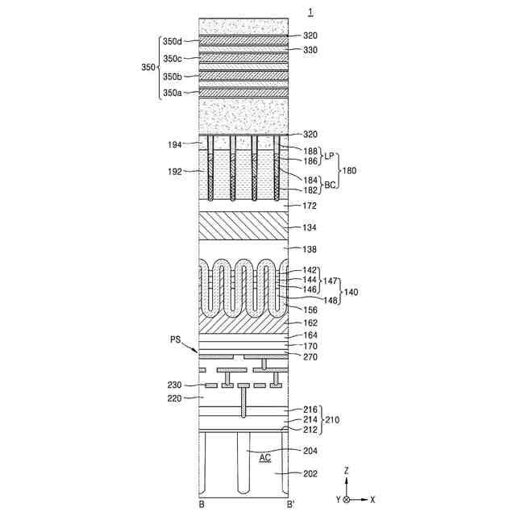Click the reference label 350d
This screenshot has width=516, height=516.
click(x=172, y=41)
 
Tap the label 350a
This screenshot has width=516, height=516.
click(x=172, y=94)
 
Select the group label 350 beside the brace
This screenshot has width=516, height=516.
click(x=148, y=67)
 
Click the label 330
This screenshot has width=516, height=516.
click(x=310, y=50)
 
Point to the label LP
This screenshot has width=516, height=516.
click(x=329, y=156)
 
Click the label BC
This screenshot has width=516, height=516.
click(x=330, y=185)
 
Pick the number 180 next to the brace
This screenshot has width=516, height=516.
click(x=349, y=170)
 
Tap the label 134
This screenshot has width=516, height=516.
click(x=310, y=227)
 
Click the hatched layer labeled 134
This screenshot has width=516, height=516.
click(x=243, y=226)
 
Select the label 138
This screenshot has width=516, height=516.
click(x=310, y=249)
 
